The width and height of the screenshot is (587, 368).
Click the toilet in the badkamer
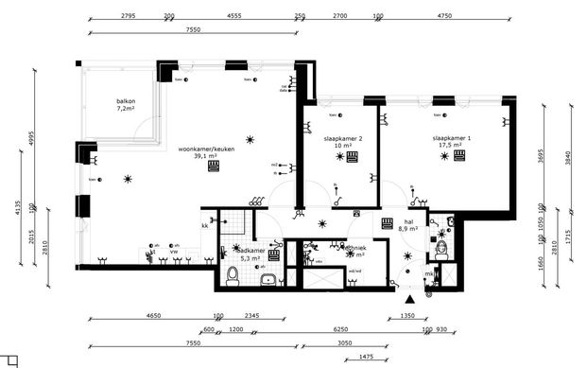(233, 274)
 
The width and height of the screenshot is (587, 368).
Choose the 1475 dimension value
(368, 356)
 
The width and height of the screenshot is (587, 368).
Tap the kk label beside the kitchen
(204, 226)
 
